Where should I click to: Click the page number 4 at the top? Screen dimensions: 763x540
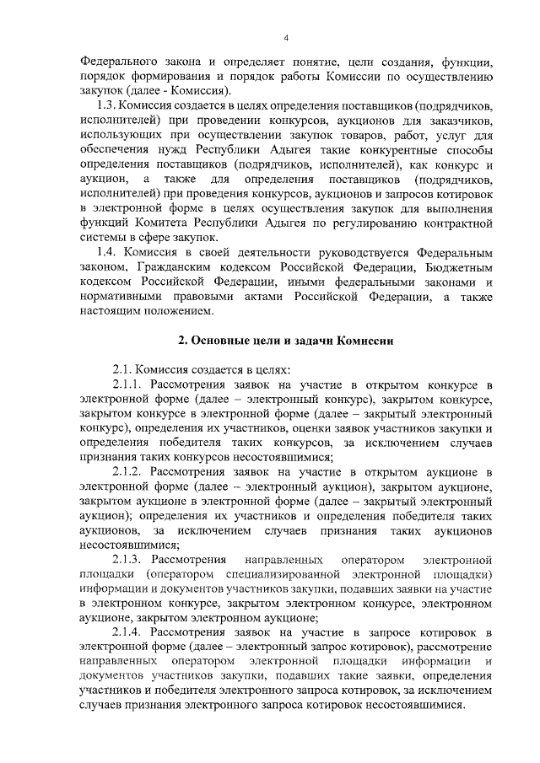coord(286,38)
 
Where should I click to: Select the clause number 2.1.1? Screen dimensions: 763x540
coord(128,385)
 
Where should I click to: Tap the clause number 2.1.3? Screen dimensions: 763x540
coord(128,559)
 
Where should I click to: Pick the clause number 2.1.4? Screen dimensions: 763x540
coord(128,631)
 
